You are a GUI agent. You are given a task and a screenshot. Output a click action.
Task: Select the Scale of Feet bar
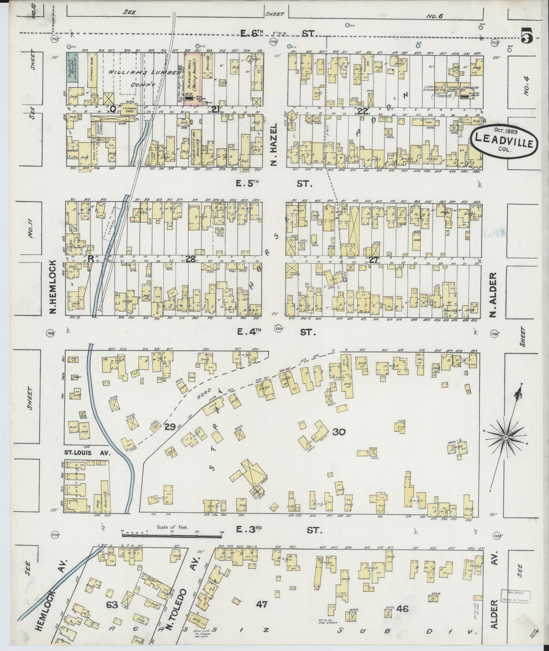click(x=171, y=536)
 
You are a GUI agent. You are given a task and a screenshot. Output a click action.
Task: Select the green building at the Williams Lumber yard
click(x=72, y=67)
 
